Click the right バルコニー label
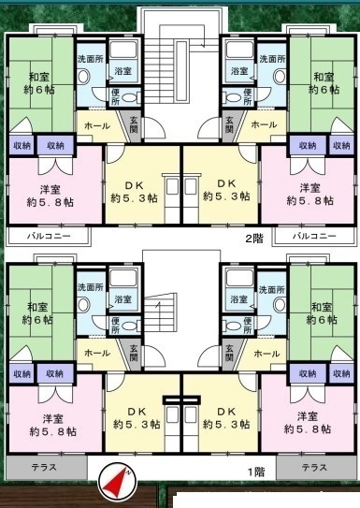coord(313,236)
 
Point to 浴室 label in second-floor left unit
coord(122,70)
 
